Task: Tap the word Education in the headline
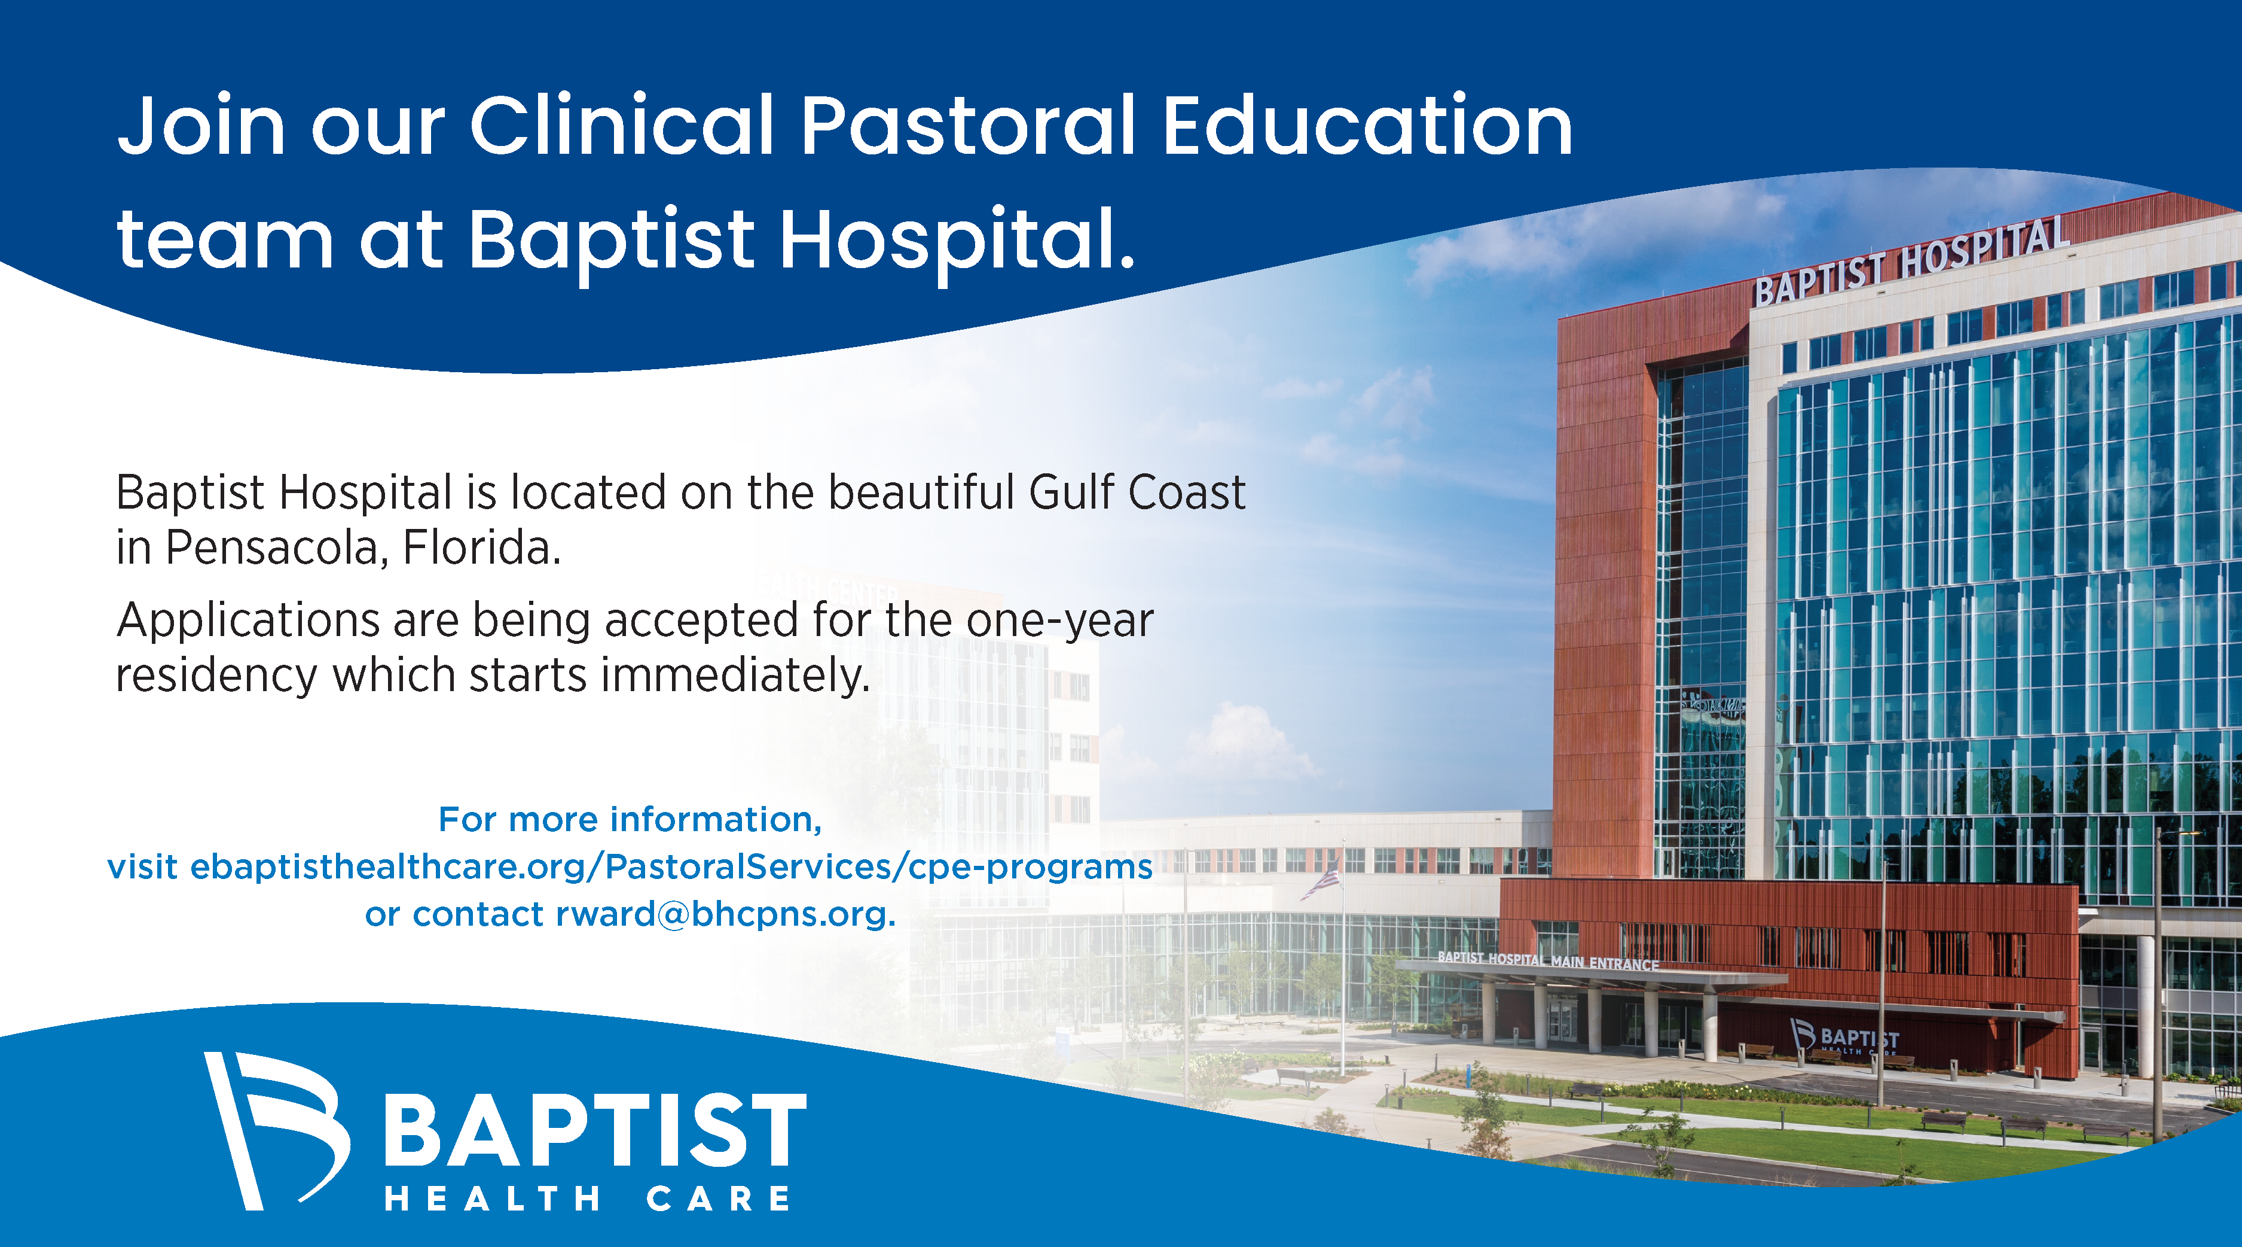[1367, 126]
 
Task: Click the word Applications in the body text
[247, 622]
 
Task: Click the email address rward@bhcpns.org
[726, 914]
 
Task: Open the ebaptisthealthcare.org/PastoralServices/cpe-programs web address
[671, 867]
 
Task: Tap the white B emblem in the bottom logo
[277, 1130]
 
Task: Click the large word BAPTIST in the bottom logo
[595, 1130]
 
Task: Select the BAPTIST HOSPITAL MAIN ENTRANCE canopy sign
[1548, 960]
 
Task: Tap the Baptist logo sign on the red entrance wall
[1844, 1036]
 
